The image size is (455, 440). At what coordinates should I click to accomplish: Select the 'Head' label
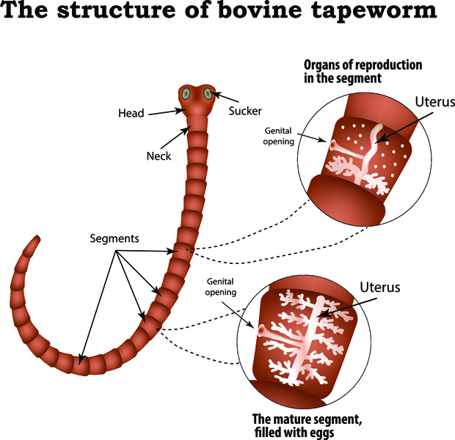pos(131,114)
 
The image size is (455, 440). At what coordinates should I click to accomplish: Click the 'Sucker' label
pos(244,111)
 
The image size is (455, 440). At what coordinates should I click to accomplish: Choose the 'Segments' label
pos(114,239)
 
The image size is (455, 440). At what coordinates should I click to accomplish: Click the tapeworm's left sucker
pos(186,94)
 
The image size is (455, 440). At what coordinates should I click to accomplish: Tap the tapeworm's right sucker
pos(208,93)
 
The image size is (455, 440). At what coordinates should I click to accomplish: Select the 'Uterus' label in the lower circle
pos(380,287)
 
